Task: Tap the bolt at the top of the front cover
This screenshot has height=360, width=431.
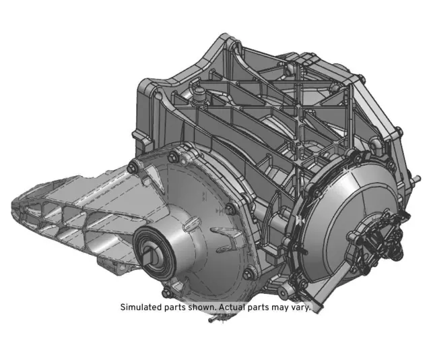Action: (x=173, y=158)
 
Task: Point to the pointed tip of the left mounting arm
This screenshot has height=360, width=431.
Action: (x=15, y=202)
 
